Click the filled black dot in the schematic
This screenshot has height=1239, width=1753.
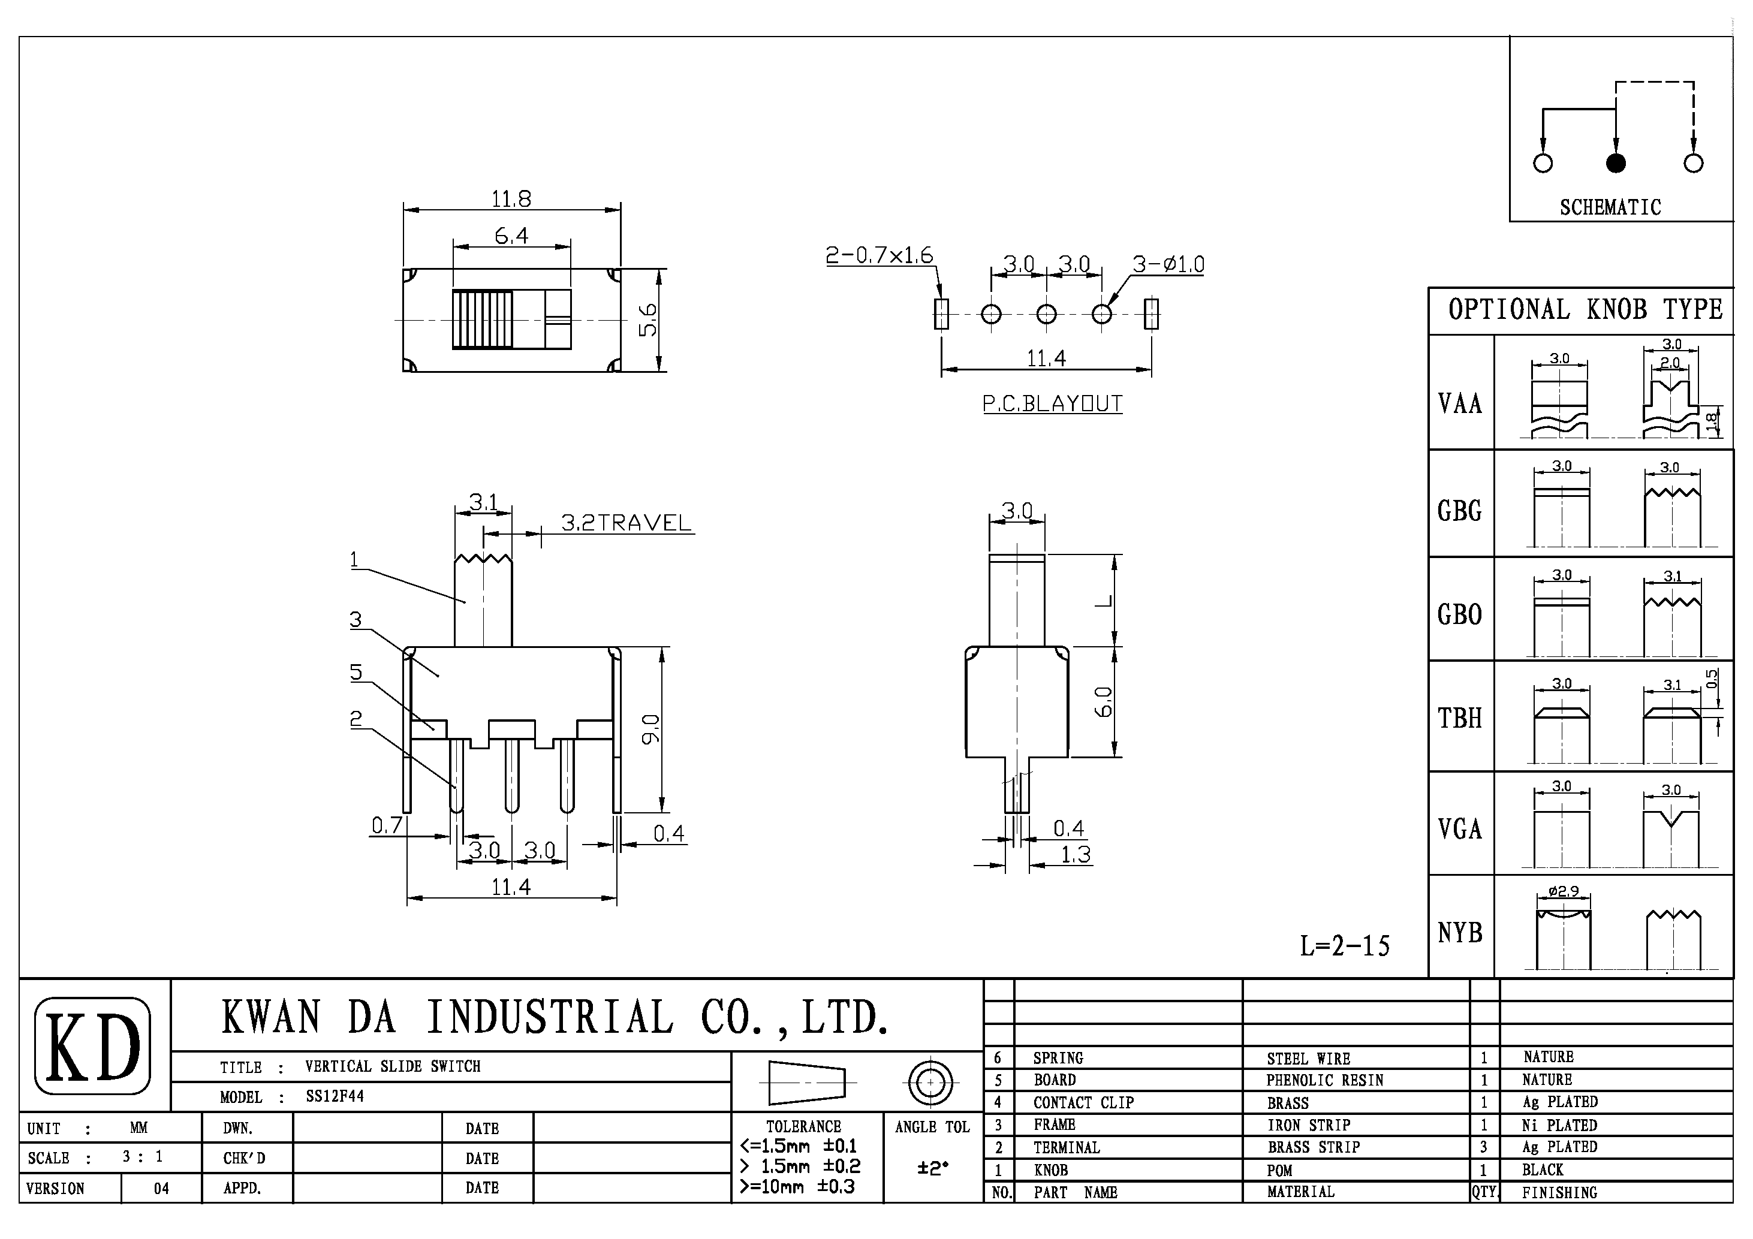[x=1616, y=162]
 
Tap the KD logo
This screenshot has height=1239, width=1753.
[x=93, y=1045]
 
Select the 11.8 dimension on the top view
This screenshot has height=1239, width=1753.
[x=511, y=199]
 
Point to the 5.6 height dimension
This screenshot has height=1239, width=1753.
[x=647, y=320]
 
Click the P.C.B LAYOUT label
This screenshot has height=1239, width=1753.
[x=1052, y=404]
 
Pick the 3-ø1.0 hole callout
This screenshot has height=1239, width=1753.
[x=1167, y=264]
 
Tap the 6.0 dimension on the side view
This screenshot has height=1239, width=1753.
[x=1103, y=701]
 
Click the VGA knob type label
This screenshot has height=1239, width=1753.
[x=1460, y=829]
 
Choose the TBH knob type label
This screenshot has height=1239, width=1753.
[x=1460, y=718]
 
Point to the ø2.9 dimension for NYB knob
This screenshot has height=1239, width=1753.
[x=1563, y=891]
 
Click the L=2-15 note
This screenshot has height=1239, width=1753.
[x=1345, y=946]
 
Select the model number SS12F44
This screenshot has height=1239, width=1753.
[x=335, y=1096]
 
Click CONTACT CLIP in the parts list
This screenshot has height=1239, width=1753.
[x=1083, y=1102]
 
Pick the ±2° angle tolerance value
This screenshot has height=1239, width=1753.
[x=932, y=1169]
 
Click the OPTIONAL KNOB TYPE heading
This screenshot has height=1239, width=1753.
[x=1585, y=310]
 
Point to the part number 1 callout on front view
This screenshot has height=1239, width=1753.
[x=354, y=560]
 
